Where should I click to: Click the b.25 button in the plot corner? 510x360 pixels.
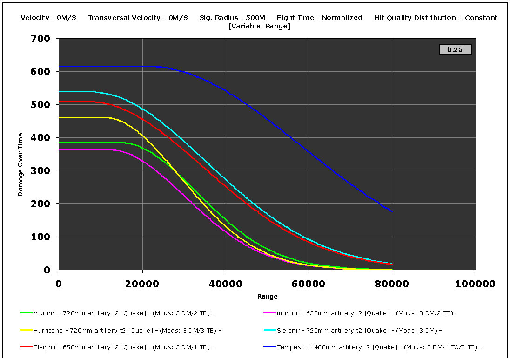point(455,49)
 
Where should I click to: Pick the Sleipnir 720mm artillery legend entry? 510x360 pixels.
point(359,331)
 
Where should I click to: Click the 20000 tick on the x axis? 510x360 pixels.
point(142,284)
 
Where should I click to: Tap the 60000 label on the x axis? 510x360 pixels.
point(309,284)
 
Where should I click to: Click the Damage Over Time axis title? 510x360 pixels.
point(20,164)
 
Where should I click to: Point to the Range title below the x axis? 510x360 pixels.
point(267,297)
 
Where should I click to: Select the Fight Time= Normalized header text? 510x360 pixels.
point(319,18)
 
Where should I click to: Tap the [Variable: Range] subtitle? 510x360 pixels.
point(259,26)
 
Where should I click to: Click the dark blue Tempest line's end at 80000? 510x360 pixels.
point(392,212)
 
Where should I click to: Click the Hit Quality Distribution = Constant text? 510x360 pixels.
point(436,18)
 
